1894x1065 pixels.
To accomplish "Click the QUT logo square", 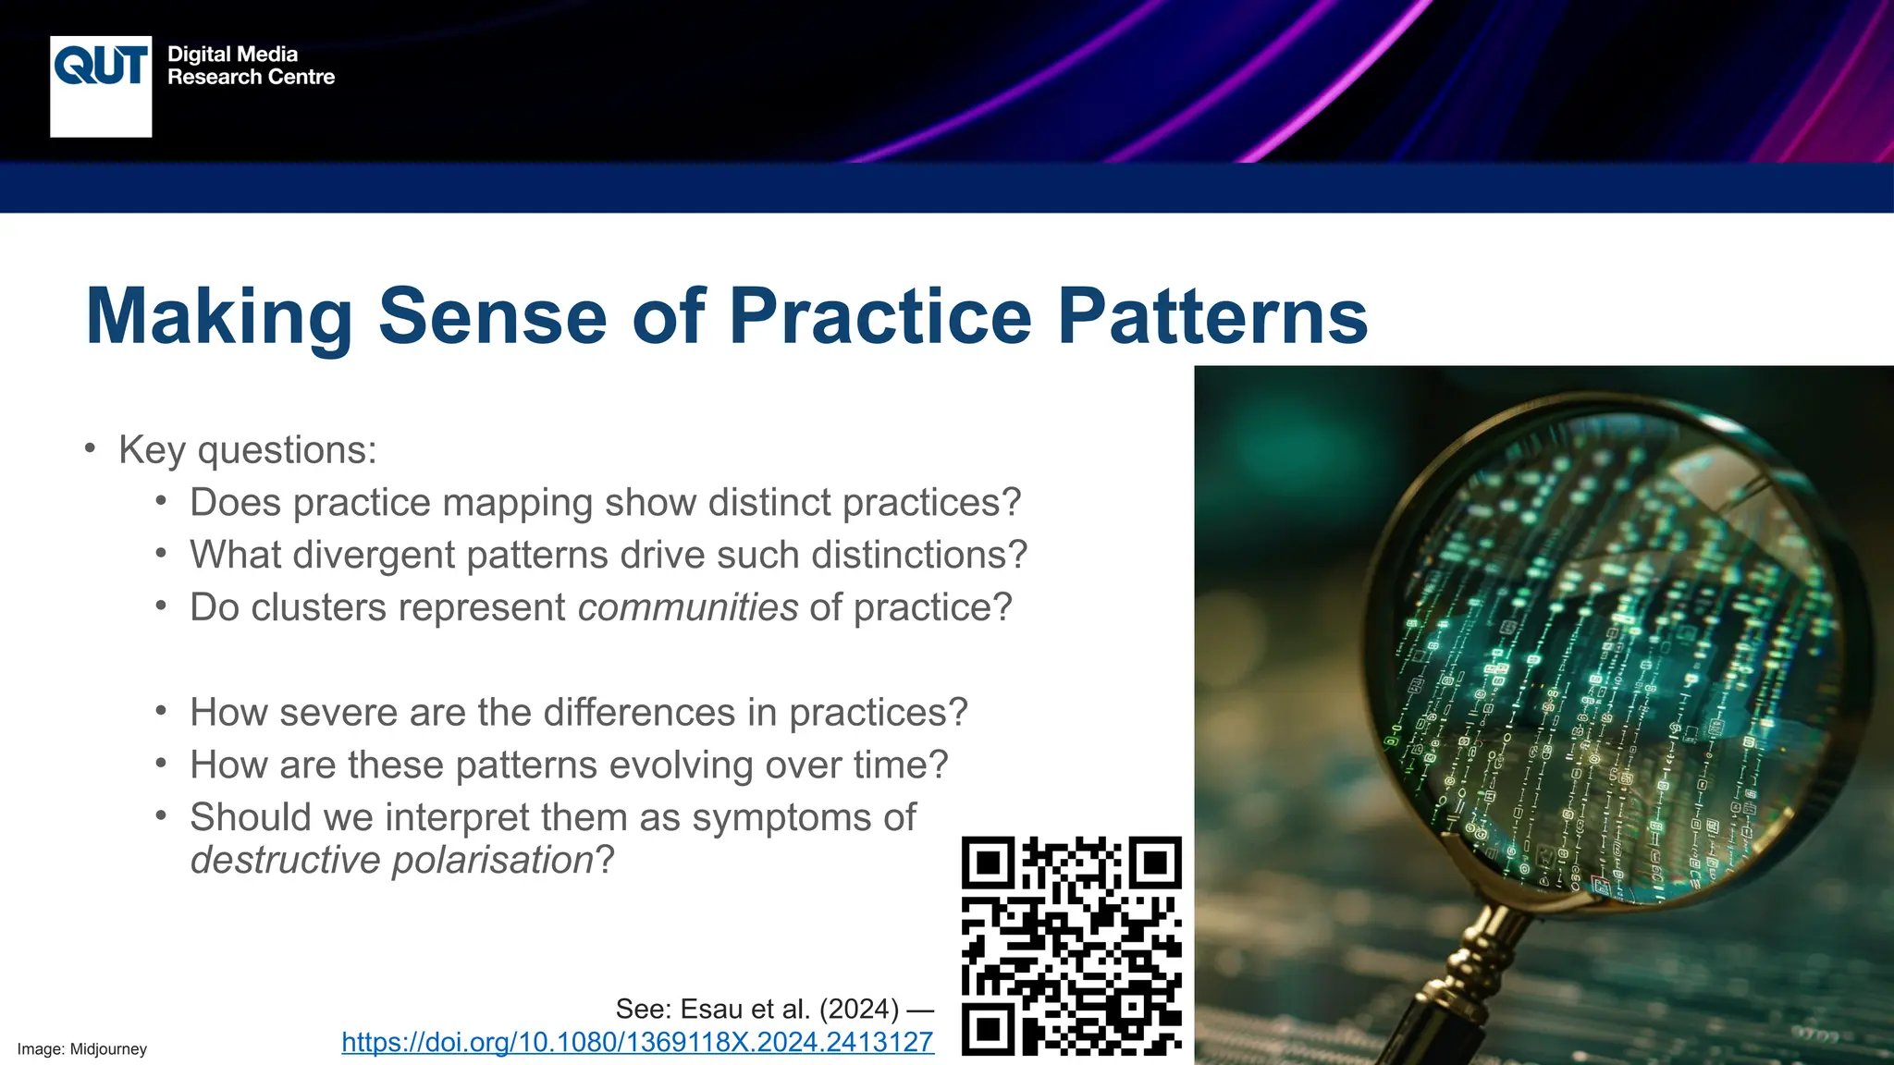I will (x=101, y=86).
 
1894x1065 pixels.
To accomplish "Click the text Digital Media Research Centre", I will (x=251, y=66).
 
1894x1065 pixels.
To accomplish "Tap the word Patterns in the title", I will (x=1212, y=316).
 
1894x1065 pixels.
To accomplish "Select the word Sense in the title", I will (x=492, y=316).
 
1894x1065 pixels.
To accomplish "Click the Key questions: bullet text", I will (x=247, y=450).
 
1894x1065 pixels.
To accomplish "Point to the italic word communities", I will (x=687, y=607).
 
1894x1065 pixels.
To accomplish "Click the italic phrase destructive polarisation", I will (x=391, y=860).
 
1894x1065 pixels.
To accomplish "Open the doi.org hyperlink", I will (x=637, y=1042).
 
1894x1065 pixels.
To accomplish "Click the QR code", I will (x=1071, y=946).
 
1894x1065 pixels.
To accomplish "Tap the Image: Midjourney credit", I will (x=82, y=1049).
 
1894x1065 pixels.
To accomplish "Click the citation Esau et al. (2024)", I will (x=756, y=1009).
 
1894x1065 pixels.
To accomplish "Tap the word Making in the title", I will (x=219, y=316).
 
